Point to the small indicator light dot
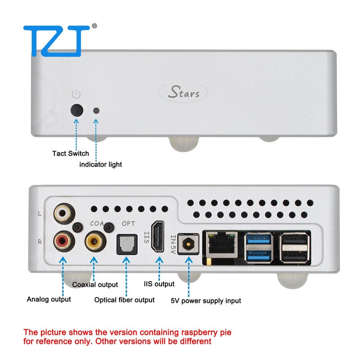click(x=96, y=111)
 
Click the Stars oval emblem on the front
click(x=183, y=93)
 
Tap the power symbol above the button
click(x=76, y=94)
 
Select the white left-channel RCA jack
click(x=64, y=214)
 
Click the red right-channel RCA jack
click(x=64, y=241)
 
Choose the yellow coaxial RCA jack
click(x=95, y=242)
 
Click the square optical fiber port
click(x=127, y=244)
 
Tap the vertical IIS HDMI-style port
click(x=158, y=237)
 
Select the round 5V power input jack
click(x=188, y=244)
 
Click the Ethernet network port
click(x=221, y=245)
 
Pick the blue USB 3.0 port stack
click(x=258, y=247)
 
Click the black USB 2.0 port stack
click(x=295, y=248)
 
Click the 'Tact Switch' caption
click(x=71, y=153)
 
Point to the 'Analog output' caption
click(x=49, y=299)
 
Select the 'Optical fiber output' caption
click(x=125, y=300)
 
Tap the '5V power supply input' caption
click(x=206, y=301)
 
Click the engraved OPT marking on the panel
click(x=129, y=224)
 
